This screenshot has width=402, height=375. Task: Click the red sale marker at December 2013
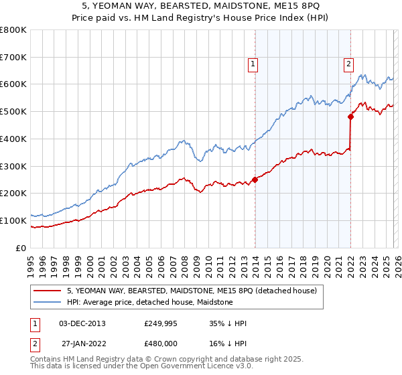coord(255,179)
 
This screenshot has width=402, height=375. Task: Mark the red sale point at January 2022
coord(350,117)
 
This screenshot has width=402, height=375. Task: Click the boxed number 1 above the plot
coord(253,65)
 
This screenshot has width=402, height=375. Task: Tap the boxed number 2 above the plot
coord(349,65)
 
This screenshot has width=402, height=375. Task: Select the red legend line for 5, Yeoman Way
coord(48,291)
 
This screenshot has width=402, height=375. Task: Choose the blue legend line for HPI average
coord(48,302)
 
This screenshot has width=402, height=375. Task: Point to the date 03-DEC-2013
coord(82,323)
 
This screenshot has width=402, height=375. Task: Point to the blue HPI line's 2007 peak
coord(182,141)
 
